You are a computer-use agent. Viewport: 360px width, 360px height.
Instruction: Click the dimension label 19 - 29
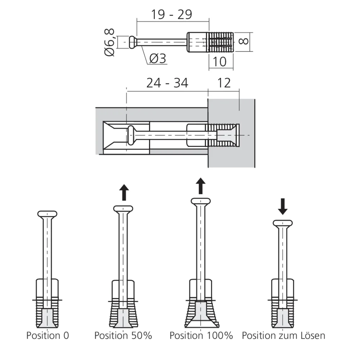(171, 14)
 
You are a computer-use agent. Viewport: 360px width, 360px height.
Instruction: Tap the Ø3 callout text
(157, 59)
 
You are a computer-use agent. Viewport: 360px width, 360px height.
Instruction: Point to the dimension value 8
(244, 41)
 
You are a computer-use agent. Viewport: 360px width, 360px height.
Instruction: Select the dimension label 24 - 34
(167, 83)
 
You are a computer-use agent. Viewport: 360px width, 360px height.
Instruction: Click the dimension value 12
(224, 83)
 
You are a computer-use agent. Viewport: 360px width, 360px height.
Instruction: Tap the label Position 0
(47, 336)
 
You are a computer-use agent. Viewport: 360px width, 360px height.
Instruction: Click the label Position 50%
(123, 336)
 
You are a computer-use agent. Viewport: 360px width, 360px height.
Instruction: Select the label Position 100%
(201, 336)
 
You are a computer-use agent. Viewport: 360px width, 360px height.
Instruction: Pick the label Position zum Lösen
(283, 336)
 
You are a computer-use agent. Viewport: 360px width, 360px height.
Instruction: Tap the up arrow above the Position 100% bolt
(201, 186)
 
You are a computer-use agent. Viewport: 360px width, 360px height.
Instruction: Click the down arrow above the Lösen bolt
(283, 207)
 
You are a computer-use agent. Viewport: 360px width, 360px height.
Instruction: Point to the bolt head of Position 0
(47, 214)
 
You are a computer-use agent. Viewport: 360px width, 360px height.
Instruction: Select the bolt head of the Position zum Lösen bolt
(283, 223)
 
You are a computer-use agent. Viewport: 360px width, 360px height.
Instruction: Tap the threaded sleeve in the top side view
(220, 42)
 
